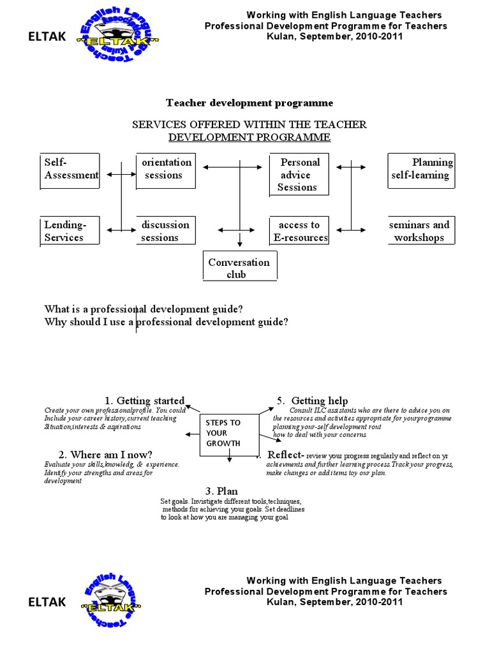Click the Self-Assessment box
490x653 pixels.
(70, 171)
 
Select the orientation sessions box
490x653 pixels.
(165, 170)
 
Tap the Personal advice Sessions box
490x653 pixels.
(299, 174)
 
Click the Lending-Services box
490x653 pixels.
(70, 231)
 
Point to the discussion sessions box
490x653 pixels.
(165, 231)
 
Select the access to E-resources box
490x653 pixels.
(299, 231)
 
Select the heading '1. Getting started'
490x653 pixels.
(145, 400)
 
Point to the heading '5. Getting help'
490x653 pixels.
(312, 400)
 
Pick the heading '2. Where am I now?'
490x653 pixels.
(105, 455)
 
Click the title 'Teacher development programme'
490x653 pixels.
(249, 103)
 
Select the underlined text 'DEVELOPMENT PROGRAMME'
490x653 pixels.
(249, 137)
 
